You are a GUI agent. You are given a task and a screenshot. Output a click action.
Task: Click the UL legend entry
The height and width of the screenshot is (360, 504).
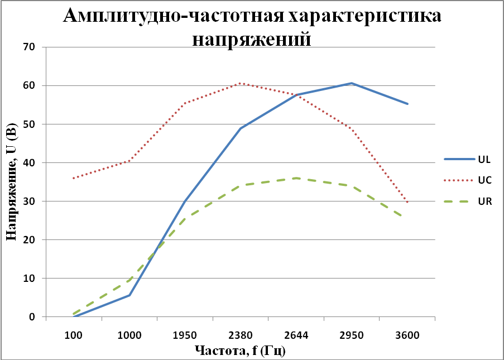click(x=483, y=159)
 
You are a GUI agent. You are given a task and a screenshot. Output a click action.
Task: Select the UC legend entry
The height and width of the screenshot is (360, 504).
click(x=483, y=180)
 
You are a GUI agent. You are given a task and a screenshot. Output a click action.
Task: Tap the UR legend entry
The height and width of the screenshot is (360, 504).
click(x=483, y=201)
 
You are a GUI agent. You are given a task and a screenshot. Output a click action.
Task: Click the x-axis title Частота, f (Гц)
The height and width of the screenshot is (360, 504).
click(x=240, y=351)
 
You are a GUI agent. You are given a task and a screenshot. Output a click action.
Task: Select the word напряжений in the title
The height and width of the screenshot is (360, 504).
click(x=251, y=39)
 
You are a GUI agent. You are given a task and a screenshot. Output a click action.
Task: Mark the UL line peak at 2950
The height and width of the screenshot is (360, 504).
click(x=352, y=83)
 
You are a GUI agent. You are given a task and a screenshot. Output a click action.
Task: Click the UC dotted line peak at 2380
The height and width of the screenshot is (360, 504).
click(x=241, y=83)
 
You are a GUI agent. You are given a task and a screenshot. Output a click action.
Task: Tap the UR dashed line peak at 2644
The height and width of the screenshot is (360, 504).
click(x=296, y=178)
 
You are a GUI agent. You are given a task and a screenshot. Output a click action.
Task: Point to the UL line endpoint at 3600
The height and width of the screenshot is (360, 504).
click(x=407, y=104)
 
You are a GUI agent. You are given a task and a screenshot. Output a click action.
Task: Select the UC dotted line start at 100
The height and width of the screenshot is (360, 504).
click(x=74, y=178)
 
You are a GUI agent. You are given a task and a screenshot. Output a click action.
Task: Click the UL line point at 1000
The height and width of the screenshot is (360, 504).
click(x=129, y=295)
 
